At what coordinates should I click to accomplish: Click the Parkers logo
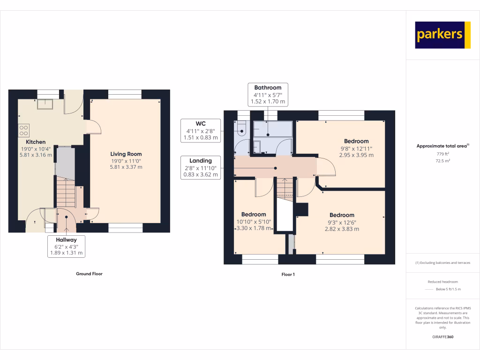point(442,35)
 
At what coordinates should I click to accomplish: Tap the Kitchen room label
point(36,142)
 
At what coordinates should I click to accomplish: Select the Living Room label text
point(126,154)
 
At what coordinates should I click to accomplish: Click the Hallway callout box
point(66,246)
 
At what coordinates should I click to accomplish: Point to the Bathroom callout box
point(268,94)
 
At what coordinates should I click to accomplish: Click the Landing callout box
point(201,167)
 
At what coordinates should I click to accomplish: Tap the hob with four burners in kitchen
point(23,130)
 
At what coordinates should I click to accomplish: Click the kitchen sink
point(45,104)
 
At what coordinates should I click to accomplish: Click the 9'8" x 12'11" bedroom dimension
point(356,148)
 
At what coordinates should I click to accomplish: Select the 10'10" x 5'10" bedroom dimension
point(254,222)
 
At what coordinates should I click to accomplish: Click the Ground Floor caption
point(89,274)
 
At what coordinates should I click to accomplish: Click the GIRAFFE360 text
point(442,337)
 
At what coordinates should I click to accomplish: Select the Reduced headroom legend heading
point(442,282)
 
